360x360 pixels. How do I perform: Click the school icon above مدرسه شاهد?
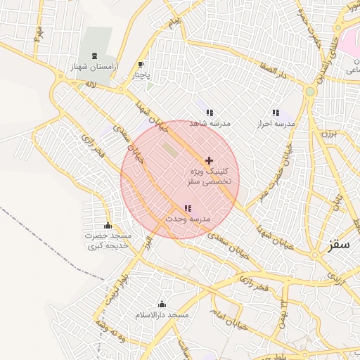pyautogui.click(x=210, y=112)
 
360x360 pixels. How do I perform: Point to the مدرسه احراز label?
pyautogui.click(x=276, y=123)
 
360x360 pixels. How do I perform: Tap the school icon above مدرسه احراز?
pyautogui.click(x=275, y=112)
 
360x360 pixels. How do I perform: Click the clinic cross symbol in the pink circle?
pyautogui.click(x=209, y=160)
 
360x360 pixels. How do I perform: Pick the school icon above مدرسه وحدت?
pyautogui.click(x=187, y=208)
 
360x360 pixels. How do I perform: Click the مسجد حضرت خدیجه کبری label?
pyautogui.click(x=108, y=241)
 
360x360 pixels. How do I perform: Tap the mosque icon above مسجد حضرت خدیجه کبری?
pyautogui.click(x=108, y=226)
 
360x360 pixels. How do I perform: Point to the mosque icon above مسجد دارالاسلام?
pyautogui.click(x=162, y=304)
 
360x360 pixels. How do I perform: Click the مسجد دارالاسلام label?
pyautogui.click(x=162, y=316)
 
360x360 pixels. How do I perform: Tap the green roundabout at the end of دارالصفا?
pyautogui.click(x=309, y=91)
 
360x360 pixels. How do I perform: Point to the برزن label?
pyautogui.click(x=330, y=131)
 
